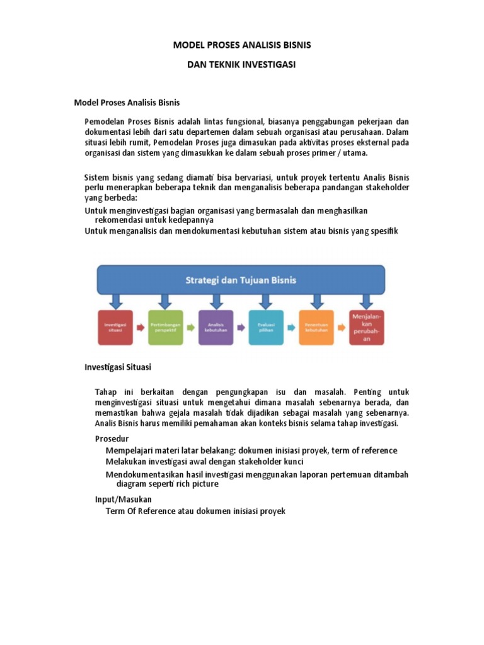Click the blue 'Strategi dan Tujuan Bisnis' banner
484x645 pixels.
[240, 279]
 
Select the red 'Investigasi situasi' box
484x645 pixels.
[115, 327]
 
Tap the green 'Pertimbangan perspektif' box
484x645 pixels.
[166, 327]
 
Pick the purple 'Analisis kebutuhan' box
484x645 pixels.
[216, 327]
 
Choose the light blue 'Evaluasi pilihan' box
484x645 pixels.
[265, 327]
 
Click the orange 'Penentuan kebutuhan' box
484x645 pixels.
[316, 327]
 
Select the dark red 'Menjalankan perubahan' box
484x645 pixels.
[366, 326]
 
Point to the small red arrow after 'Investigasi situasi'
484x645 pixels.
[141, 328]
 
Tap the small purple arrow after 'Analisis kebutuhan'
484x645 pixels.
[241, 328]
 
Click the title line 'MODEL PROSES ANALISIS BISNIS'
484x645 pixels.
[242, 46]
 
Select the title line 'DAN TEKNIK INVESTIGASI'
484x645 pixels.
[242, 65]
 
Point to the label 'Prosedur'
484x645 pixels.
[112, 438]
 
